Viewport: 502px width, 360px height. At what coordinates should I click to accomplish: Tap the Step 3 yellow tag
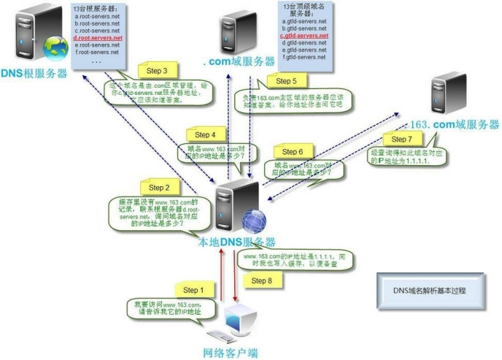157,71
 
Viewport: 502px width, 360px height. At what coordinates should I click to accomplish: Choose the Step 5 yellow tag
285,81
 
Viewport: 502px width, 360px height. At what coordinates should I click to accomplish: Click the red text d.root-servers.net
97,37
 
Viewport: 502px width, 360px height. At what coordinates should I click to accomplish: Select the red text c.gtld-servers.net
304,35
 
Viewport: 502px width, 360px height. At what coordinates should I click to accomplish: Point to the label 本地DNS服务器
237,242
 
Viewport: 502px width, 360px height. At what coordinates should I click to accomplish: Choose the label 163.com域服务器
455,124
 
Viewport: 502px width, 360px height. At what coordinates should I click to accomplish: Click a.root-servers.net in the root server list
97,15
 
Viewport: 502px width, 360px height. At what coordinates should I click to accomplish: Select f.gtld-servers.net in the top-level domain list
304,56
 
